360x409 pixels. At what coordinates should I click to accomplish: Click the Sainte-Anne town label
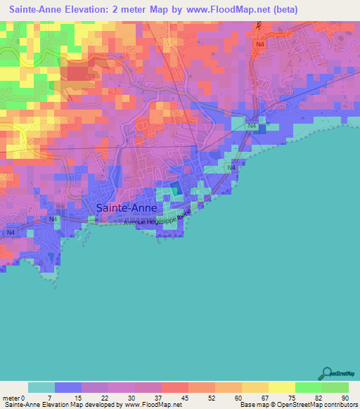[127, 207]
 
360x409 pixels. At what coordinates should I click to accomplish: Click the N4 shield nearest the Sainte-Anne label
[53, 219]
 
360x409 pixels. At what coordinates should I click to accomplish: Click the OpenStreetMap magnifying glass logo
[326, 374]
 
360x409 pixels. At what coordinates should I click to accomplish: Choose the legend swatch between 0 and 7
[41, 387]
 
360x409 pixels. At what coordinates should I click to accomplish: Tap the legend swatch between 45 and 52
[175, 387]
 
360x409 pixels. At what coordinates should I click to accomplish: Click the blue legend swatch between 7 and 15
[68, 387]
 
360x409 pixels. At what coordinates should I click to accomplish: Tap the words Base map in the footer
[252, 405]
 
